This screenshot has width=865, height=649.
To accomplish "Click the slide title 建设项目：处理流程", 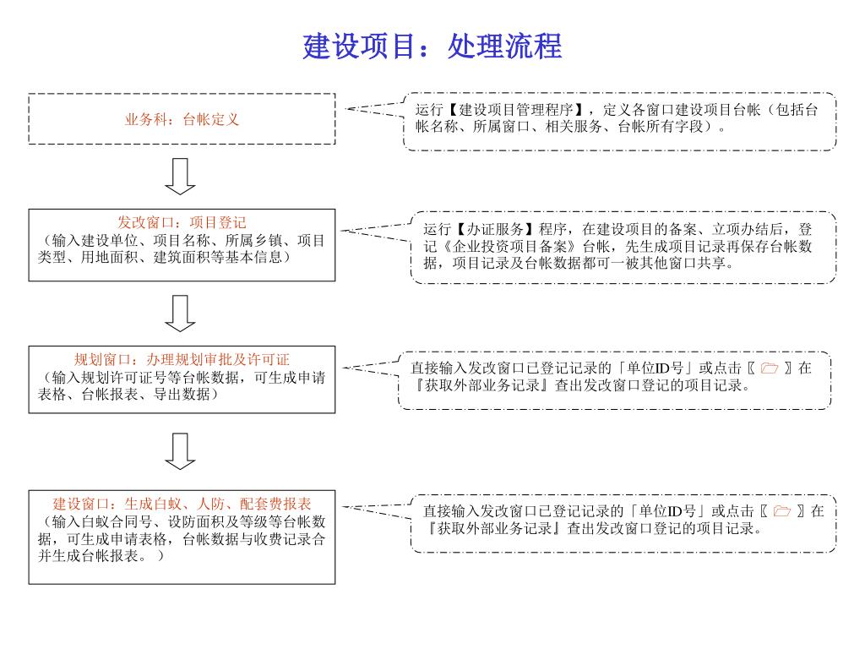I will point(432,46).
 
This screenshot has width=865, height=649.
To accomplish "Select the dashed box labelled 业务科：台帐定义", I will point(182,119).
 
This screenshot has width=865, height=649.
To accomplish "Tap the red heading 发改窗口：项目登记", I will point(182,222).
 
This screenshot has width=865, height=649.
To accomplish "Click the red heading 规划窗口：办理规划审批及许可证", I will point(182,359).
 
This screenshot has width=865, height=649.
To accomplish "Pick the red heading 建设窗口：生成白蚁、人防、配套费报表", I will point(182,504).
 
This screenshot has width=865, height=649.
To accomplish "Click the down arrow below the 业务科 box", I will point(181,176).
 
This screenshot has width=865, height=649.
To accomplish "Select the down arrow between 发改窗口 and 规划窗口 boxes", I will point(181,313).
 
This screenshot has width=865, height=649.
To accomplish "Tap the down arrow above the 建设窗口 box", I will point(181,451).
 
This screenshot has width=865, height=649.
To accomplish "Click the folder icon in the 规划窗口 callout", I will point(769,368).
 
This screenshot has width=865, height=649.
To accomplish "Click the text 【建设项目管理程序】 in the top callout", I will point(516,110).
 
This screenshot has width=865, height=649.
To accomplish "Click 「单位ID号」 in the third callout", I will point(652,368).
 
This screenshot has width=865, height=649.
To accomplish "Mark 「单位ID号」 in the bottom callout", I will point(665,511).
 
